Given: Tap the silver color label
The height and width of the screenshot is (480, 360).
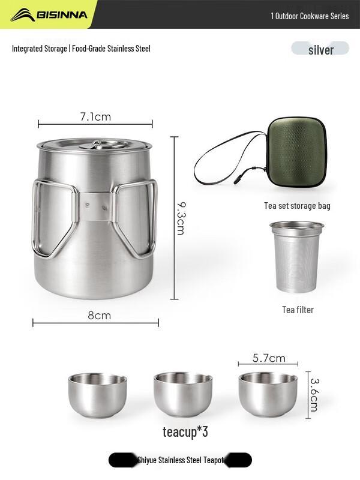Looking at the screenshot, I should pos(320,50).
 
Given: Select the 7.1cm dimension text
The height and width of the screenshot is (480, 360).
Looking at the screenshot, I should pos(95,116).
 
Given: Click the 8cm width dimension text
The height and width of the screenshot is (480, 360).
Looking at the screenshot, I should pos(99,315).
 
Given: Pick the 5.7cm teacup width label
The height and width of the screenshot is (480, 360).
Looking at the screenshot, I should pos(268,358).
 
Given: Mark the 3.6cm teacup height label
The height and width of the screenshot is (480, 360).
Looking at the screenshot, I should pos(314,394).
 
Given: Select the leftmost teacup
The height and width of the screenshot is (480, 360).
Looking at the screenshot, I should pos(98,394).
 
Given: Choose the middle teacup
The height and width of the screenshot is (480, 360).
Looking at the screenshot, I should pos(183,394).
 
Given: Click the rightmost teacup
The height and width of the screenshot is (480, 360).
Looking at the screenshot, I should pos(268,394).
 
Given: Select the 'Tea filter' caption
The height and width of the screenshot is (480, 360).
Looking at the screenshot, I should pos(298,310).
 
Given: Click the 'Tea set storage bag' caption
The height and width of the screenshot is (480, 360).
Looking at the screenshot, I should pos(297,206).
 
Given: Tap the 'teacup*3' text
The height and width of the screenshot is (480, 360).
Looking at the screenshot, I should pos(185,432).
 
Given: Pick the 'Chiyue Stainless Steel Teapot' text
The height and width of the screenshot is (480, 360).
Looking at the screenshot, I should pos(180,460).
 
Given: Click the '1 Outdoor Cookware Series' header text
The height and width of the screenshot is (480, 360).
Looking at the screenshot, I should pos(309,16).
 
